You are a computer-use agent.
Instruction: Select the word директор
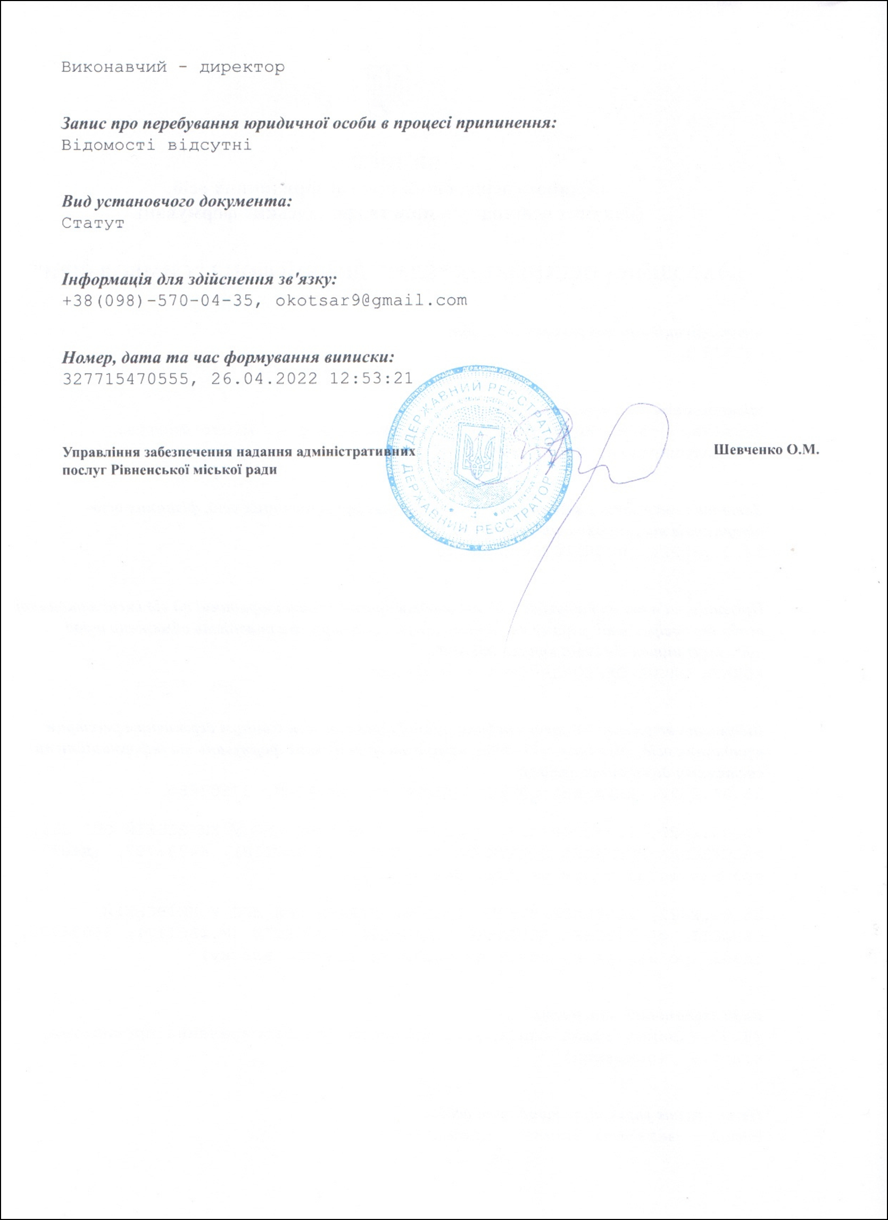pos(242,68)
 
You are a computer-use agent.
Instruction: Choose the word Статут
pos(93,223)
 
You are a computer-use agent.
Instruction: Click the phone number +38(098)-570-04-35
pos(157,300)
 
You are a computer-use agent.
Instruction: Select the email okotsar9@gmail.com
pos(371,300)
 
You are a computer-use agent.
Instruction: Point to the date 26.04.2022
pos(264,378)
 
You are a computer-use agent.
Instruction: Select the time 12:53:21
pos(371,378)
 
